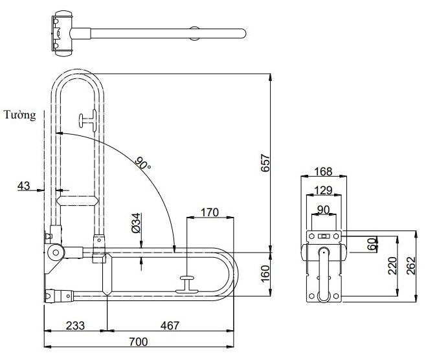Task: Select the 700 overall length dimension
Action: coord(137,341)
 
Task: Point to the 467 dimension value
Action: coord(170,325)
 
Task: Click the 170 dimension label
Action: coord(210,212)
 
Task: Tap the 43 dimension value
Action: coord(24,186)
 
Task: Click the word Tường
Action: coord(19,115)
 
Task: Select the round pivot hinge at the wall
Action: coord(56,251)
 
